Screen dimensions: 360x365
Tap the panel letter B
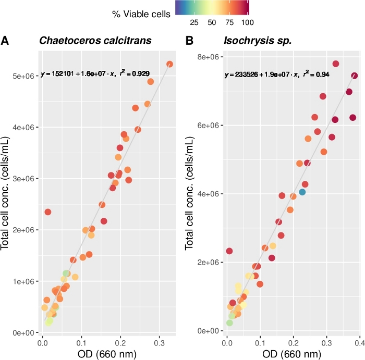point(190,41)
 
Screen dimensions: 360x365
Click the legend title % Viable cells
point(141,14)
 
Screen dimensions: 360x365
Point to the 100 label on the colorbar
point(247,22)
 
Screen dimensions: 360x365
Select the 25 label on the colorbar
point(194,22)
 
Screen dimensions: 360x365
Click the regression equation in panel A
point(95,74)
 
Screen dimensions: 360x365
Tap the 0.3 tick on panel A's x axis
point(160,343)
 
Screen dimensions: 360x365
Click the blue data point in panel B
point(302,192)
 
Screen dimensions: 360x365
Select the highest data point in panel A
point(169,64)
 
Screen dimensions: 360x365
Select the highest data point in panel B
point(336,64)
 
